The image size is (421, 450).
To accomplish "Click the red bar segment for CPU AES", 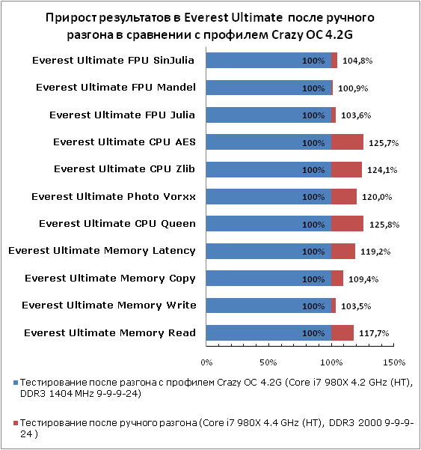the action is point(348,142).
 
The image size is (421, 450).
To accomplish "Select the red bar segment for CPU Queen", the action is point(348,224).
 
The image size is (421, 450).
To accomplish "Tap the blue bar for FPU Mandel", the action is point(268,88).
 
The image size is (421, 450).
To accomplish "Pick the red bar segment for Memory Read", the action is point(342,333).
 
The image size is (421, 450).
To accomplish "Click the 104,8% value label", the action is point(357,61).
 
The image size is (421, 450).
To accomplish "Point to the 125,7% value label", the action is point(384,143).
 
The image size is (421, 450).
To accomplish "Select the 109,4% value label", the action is point(363,279).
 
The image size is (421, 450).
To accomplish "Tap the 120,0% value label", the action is point(377,197).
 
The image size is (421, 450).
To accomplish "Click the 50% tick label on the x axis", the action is point(268,362).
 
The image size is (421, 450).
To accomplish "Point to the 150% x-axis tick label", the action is point(394,362).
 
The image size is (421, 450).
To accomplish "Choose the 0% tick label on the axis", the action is point(206,362).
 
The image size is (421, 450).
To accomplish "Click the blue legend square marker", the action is point(16,383).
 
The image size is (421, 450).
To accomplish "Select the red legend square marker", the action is point(16,423).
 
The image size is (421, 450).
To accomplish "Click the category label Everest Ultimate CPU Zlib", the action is point(124,169).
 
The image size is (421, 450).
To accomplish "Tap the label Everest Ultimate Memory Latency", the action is point(102,251).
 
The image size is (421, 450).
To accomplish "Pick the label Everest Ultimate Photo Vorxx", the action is point(114,197).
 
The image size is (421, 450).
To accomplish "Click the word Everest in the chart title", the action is point(206,17).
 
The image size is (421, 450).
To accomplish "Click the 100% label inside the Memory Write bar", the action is point(313,306).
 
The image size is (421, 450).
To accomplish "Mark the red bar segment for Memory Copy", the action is point(337,278).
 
